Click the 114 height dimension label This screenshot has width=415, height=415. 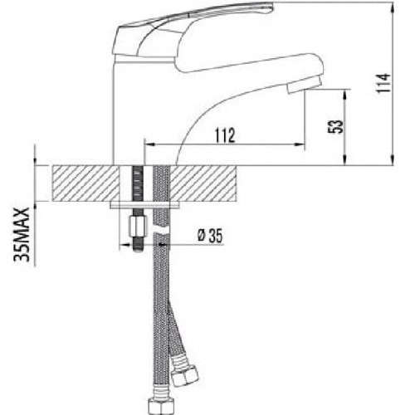[x=384, y=83]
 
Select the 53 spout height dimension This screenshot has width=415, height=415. [x=335, y=127]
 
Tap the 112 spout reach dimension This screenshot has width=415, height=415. [x=226, y=135]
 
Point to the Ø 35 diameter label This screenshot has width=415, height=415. [x=210, y=236]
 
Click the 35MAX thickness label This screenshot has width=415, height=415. [x=22, y=235]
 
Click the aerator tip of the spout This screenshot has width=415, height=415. [x=304, y=85]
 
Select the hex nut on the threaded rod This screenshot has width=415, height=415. [x=138, y=227]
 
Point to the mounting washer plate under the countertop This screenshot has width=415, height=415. [x=144, y=205]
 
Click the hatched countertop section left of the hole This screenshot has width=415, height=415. [x=85, y=183]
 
